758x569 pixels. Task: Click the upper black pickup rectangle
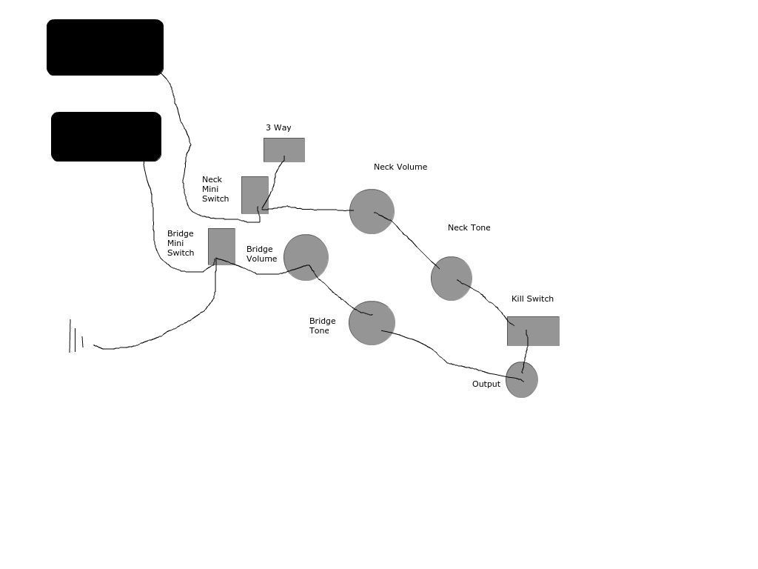pyautogui.click(x=105, y=47)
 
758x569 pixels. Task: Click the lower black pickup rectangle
pyautogui.click(x=106, y=136)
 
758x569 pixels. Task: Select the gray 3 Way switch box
pyautogui.click(x=284, y=150)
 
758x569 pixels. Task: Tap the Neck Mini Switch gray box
pyautogui.click(x=255, y=195)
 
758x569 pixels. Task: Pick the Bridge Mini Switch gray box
pyautogui.click(x=221, y=246)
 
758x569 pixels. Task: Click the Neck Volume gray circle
pyautogui.click(x=372, y=211)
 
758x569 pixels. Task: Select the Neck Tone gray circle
pyautogui.click(x=452, y=279)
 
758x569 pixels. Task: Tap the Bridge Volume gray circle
pyautogui.click(x=306, y=257)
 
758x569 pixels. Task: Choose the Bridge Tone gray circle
pyautogui.click(x=372, y=323)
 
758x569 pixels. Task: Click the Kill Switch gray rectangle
pyautogui.click(x=533, y=331)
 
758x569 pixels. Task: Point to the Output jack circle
pyautogui.click(x=522, y=380)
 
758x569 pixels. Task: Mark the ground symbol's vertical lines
pyautogui.click(x=76, y=336)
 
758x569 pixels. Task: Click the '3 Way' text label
pyautogui.click(x=278, y=127)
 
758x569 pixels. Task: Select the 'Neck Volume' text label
pyautogui.click(x=400, y=167)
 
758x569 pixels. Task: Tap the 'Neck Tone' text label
pyautogui.click(x=469, y=227)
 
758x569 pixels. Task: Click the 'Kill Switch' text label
pyautogui.click(x=532, y=299)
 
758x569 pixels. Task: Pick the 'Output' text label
pyautogui.click(x=486, y=384)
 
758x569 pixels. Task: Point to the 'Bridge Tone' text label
pyautogui.click(x=323, y=326)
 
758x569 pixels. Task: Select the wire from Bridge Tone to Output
pyautogui.click(x=447, y=362)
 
